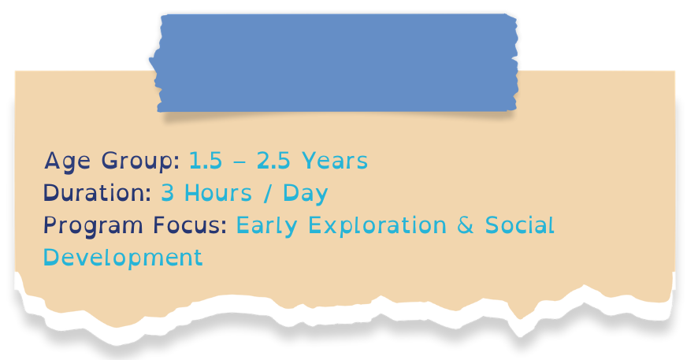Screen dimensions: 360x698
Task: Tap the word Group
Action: pyautogui.click(x=139, y=161)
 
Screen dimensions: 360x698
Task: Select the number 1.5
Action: pyautogui.click(x=206, y=161)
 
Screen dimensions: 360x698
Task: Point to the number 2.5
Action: pyautogui.click(x=273, y=161)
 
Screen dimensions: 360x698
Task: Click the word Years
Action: pyautogui.click(x=335, y=161)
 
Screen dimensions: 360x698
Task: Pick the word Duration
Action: pyautogui.click(x=95, y=193)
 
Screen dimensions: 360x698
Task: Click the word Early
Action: pyautogui.click(x=268, y=226)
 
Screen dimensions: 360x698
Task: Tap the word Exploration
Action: pyautogui.click(x=377, y=226)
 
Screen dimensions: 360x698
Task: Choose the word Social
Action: pyautogui.click(x=520, y=225)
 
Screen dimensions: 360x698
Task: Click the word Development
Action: pyautogui.click(x=123, y=258)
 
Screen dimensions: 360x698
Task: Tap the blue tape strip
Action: pyautogui.click(x=337, y=63)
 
